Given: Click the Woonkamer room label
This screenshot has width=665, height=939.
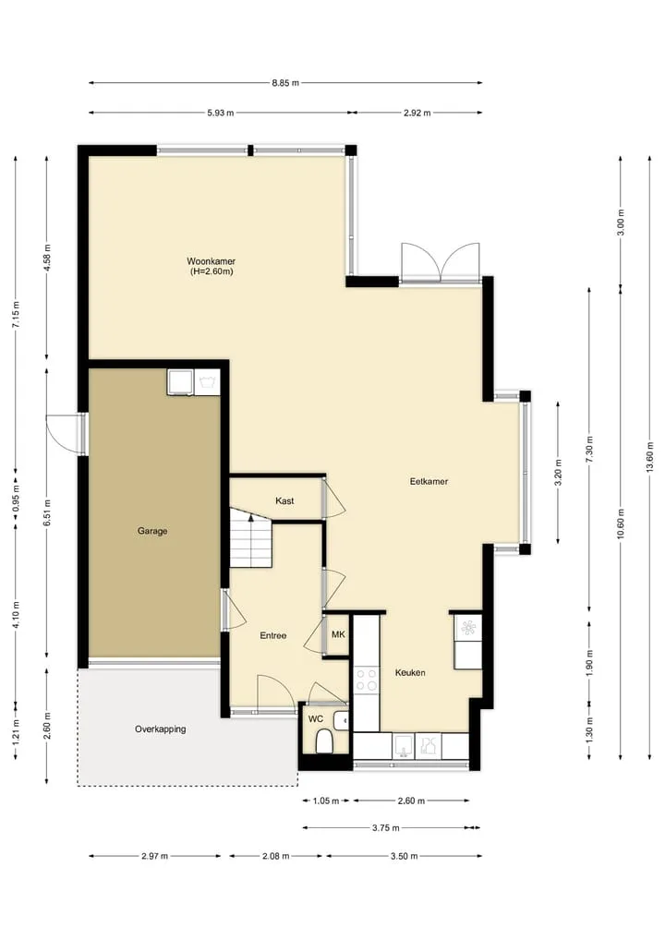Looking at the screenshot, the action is pyautogui.click(x=211, y=261).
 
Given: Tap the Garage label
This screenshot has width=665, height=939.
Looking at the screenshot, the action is pyautogui.click(x=152, y=531).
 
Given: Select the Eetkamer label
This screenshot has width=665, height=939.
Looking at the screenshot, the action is pyautogui.click(x=429, y=481).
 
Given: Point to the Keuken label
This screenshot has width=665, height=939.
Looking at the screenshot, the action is pyautogui.click(x=410, y=672).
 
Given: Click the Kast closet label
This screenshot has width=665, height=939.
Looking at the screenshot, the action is pyautogui.click(x=284, y=500).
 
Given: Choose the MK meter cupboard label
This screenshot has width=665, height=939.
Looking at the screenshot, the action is pyautogui.click(x=338, y=634).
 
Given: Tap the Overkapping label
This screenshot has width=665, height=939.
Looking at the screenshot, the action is pyautogui.click(x=160, y=728).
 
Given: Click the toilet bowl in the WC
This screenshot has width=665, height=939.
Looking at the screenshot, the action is pyautogui.click(x=323, y=743).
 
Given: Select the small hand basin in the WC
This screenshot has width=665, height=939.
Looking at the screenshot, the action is pyautogui.click(x=342, y=720).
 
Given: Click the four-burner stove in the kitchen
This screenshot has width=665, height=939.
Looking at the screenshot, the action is pyautogui.click(x=367, y=680).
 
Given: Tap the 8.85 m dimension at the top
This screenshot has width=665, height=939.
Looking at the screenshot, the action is pyautogui.click(x=285, y=83).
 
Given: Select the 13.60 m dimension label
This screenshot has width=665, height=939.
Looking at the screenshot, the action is pyautogui.click(x=650, y=457).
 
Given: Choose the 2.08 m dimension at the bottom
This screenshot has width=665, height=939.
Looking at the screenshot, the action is pyautogui.click(x=275, y=856).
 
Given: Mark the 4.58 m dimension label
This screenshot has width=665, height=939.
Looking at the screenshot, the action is pyautogui.click(x=47, y=259).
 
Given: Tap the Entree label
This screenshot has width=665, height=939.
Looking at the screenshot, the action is pyautogui.click(x=273, y=635).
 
